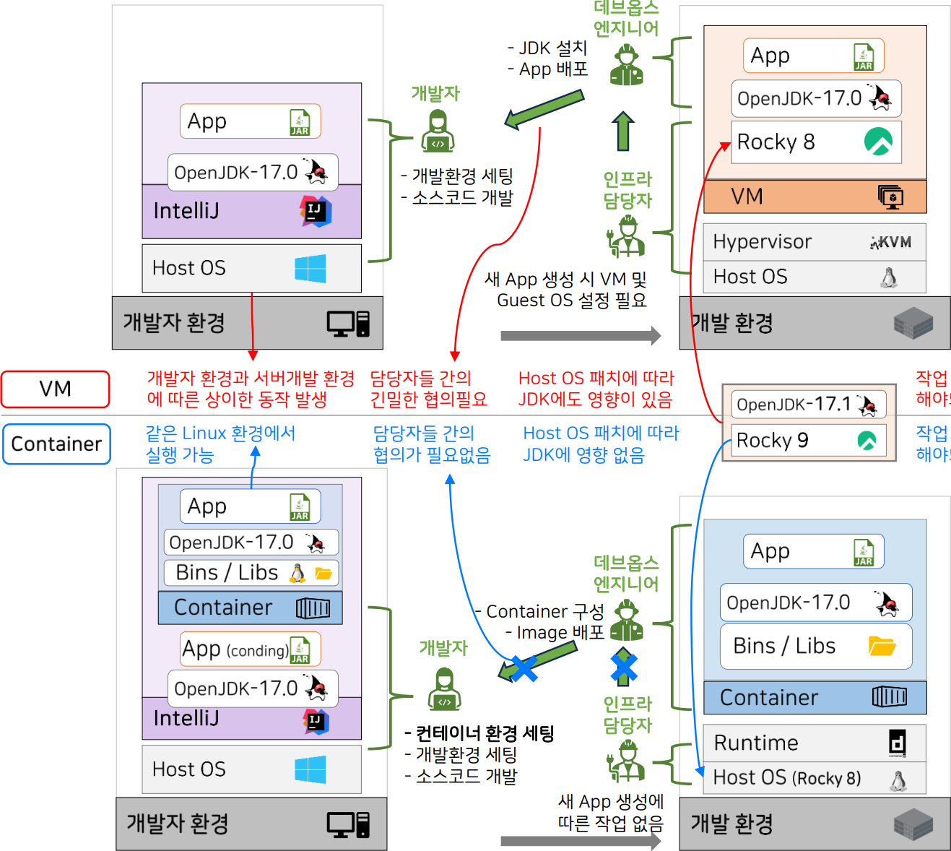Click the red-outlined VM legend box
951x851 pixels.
click(55, 389)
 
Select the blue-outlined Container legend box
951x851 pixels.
click(56, 444)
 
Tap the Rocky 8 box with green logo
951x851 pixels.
click(816, 142)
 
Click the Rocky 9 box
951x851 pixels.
click(809, 440)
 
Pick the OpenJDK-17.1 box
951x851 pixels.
click(809, 405)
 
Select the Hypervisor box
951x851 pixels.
click(814, 241)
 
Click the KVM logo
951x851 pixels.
click(891, 242)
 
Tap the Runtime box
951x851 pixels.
click(814, 743)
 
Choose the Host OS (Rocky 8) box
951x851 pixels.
click(814, 778)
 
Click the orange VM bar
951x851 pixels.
click(815, 196)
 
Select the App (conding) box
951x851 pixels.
click(250, 649)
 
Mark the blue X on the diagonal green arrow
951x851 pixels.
click(524, 668)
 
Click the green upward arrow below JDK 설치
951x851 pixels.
click(623, 131)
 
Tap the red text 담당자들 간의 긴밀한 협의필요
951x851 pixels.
click(428, 389)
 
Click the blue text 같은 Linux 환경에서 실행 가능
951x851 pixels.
click(220, 444)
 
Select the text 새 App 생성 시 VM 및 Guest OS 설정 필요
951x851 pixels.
click(566, 290)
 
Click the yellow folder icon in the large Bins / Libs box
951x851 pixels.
click(882, 645)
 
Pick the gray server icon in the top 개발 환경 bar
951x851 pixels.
click(913, 323)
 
